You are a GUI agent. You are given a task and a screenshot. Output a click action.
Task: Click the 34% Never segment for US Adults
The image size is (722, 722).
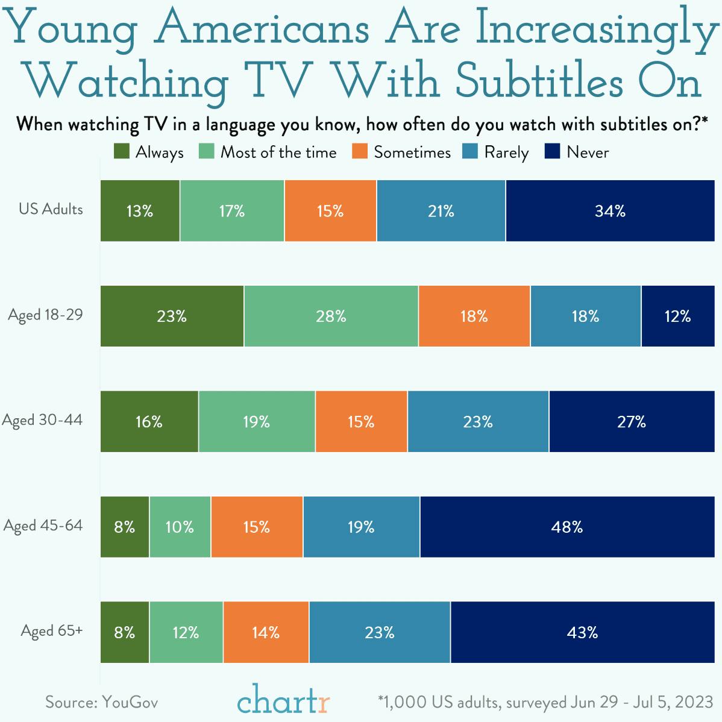[x=610, y=211]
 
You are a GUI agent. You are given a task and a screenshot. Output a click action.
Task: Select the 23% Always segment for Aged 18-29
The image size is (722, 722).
[x=172, y=316]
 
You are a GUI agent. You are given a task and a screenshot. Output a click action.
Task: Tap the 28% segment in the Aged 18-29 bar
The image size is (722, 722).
[x=331, y=316]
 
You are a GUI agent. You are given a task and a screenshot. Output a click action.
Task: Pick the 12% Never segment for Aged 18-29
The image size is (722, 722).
[x=677, y=316]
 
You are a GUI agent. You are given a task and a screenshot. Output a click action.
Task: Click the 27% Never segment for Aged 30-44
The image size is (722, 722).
[x=631, y=421]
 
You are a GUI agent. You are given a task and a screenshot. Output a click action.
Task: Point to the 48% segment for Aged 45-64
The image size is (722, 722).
[x=567, y=527]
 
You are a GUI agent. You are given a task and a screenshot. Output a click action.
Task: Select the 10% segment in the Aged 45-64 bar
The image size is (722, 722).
[x=180, y=527]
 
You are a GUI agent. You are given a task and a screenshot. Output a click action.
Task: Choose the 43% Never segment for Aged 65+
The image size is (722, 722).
[x=582, y=632]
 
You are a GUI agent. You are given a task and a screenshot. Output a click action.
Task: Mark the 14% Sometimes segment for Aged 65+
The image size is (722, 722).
[x=266, y=632]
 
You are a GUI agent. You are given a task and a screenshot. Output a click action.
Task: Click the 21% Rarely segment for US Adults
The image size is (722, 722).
[x=441, y=211]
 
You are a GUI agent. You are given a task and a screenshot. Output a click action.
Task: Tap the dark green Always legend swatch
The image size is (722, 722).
[x=122, y=152]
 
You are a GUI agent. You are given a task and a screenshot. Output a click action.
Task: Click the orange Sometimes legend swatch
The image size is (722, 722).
[x=360, y=152]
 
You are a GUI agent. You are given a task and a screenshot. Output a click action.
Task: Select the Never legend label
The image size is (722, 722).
[x=588, y=152]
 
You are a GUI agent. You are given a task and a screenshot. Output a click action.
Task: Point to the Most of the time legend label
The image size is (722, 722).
[x=278, y=152]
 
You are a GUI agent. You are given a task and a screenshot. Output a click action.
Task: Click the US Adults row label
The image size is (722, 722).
[x=51, y=210]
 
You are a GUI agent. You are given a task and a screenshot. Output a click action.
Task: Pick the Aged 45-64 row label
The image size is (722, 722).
[x=43, y=526]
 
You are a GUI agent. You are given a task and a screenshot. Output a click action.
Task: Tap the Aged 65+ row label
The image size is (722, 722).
[x=52, y=631]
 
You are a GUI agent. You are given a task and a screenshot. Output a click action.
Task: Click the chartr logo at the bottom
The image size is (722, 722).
[x=283, y=702]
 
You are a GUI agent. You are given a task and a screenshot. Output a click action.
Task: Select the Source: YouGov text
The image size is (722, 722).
[x=102, y=702]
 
